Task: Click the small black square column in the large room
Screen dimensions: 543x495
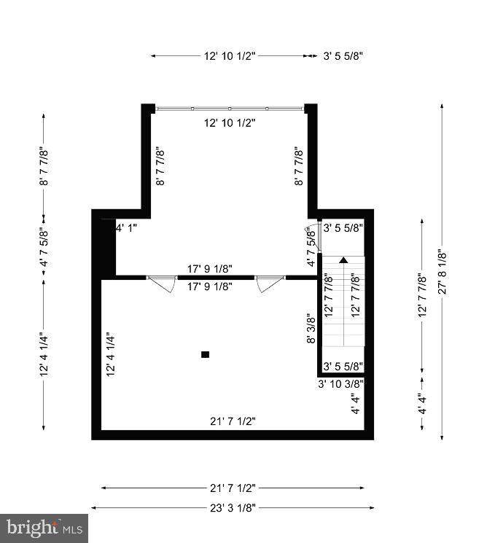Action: pos(205,354)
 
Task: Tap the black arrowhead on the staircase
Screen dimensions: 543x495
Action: pos(343,259)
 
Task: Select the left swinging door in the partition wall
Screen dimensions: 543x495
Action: pos(162,283)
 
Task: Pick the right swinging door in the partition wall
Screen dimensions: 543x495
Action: pos(270,283)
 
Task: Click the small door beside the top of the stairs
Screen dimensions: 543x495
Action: pos(309,235)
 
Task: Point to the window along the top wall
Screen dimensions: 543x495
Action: pos(230,109)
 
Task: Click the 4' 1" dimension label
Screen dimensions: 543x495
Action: pos(126,227)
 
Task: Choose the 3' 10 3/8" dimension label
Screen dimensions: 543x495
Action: pos(340,383)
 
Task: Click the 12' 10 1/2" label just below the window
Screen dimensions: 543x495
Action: pos(230,122)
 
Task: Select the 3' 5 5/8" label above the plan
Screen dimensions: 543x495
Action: pos(343,55)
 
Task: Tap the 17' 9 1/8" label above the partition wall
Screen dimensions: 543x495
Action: pos(209,269)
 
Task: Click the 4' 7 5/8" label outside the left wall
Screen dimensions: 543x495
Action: pos(44,246)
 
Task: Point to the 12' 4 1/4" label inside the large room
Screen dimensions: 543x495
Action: pos(111,354)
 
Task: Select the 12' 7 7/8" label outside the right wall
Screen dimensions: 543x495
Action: pos(421,296)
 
